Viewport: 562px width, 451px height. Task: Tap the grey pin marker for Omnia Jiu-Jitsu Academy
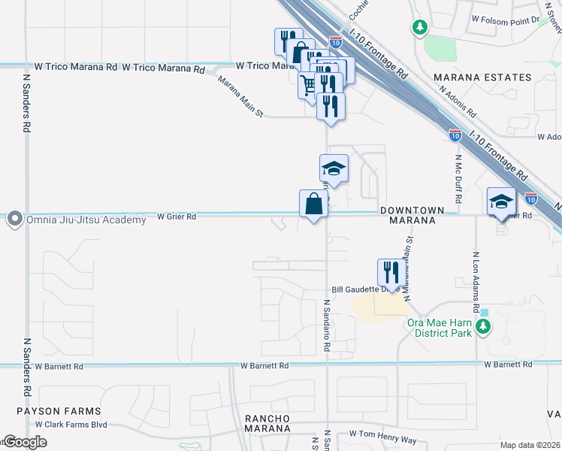point(14,219)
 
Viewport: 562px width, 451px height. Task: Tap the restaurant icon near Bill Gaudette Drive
point(391,271)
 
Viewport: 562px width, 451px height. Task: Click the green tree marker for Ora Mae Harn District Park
point(484,326)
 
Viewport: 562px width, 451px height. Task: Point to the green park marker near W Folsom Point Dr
point(419,28)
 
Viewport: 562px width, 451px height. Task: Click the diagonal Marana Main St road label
point(241,97)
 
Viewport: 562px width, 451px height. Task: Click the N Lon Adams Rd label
point(476,282)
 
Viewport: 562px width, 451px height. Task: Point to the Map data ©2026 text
point(530,445)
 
